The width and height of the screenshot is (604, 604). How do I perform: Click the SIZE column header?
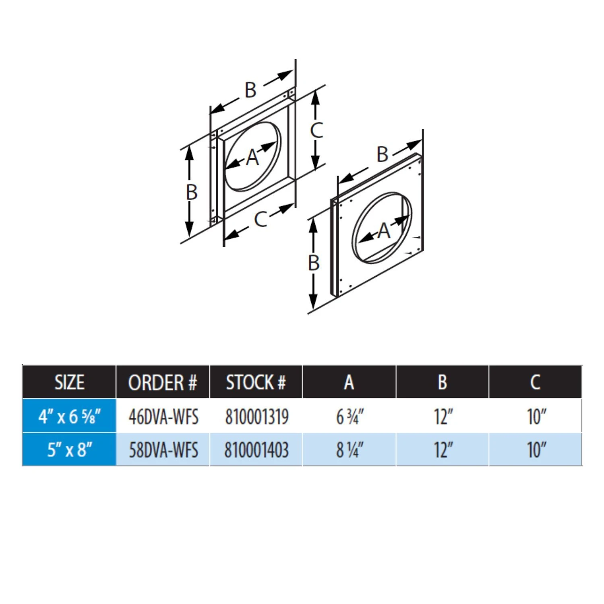pyautogui.click(x=69, y=382)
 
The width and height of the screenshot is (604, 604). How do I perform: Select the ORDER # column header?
pyautogui.click(x=163, y=382)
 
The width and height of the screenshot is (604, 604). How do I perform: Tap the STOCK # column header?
pyautogui.click(x=256, y=382)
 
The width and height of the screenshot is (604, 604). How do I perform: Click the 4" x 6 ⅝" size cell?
pyautogui.click(x=69, y=416)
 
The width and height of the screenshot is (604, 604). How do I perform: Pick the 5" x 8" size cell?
pyautogui.click(x=69, y=450)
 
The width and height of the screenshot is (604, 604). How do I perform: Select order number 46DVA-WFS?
pyautogui.click(x=163, y=416)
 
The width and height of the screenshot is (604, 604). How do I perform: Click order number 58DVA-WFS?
pyautogui.click(x=163, y=450)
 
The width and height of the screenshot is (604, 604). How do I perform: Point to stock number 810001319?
pyautogui.click(x=257, y=416)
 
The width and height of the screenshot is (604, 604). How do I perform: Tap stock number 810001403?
pyautogui.click(x=256, y=450)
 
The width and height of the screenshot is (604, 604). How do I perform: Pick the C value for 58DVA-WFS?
pyautogui.click(x=536, y=450)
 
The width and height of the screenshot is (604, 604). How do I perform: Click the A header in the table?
pyautogui.click(x=349, y=382)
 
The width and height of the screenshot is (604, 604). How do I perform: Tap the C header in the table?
pyautogui.click(x=535, y=382)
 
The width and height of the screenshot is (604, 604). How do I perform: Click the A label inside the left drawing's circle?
pyautogui.click(x=252, y=157)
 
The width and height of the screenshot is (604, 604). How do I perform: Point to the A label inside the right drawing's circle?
pyautogui.click(x=384, y=231)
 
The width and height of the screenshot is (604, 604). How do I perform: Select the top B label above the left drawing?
pyautogui.click(x=250, y=89)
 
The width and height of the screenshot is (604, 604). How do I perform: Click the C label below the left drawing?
pyautogui.click(x=261, y=219)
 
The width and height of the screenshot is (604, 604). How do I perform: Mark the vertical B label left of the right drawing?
pyautogui.click(x=314, y=263)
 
